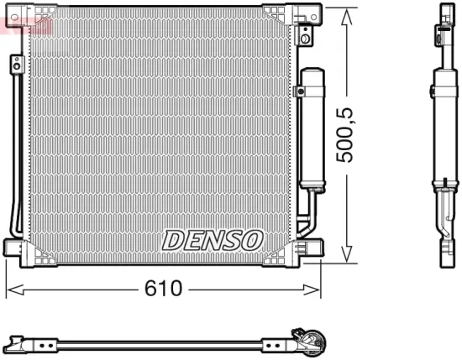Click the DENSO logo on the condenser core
tap(213, 240)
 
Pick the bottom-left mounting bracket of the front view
tap(18, 249)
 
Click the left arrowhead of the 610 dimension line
tap(11, 290)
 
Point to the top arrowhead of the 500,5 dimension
tap(346, 12)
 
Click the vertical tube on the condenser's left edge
tap(15, 143)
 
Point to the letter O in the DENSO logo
tap(253, 240)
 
